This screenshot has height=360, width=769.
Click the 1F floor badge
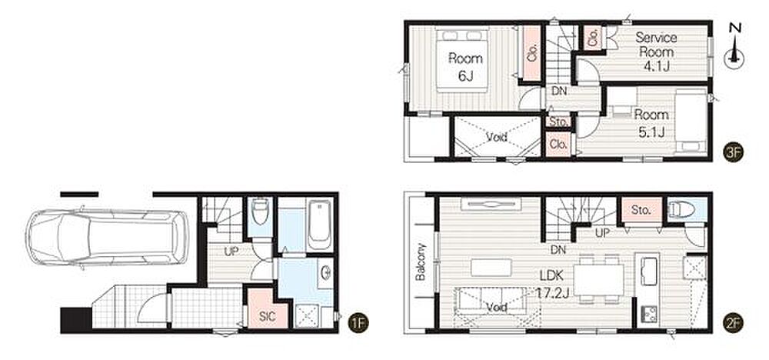[x=358, y=323]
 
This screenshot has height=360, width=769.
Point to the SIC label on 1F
[x=268, y=317]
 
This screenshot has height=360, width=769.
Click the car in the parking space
[x=108, y=238]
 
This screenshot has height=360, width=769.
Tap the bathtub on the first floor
[x=319, y=225]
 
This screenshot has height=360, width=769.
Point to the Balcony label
[x=421, y=262]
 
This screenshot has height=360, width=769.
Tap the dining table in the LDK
[x=598, y=279]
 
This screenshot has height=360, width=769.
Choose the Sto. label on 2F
[x=641, y=211]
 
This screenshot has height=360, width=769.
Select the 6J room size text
[x=465, y=76]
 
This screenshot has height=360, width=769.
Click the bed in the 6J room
[x=462, y=60]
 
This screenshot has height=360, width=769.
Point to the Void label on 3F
[x=496, y=137]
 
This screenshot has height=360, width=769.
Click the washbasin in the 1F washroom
[x=325, y=274]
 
